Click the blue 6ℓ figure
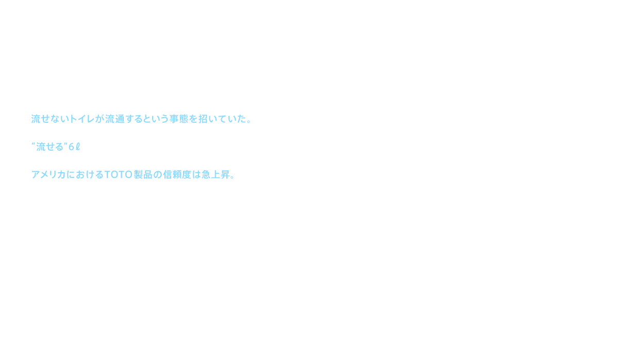pyautogui.click(x=74, y=148)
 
